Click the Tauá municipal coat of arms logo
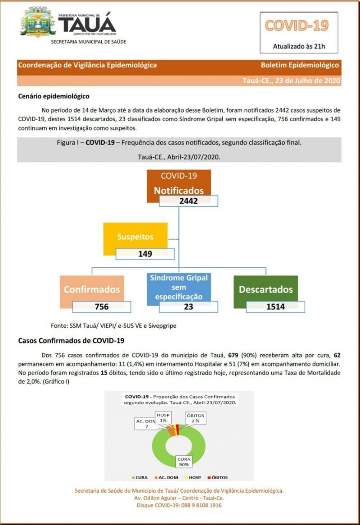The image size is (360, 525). tap(38, 22)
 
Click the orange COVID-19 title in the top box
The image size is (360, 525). tap(297, 25)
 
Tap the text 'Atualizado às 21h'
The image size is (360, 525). tap(299, 46)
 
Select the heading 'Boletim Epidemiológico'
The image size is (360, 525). tap(299, 65)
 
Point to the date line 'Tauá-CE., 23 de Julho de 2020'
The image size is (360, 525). tap(290, 81)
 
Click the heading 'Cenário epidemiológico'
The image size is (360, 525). tap(54, 96)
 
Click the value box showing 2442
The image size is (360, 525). tap(189, 201)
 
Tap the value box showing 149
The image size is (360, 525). tap(145, 253)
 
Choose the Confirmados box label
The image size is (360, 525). tap(92, 289)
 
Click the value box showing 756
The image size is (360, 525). tap(102, 307)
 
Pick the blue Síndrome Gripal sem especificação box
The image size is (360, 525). tap(179, 287)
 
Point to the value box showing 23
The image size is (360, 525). tap(189, 307)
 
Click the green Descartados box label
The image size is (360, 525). tap(265, 289)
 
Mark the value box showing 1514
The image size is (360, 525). tap(275, 307)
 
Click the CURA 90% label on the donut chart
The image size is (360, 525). tap(183, 461)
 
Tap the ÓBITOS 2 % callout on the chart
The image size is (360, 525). tap(196, 418)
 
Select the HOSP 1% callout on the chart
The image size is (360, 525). tap(163, 417)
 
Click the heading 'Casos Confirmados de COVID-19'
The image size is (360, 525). tap(71, 341)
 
